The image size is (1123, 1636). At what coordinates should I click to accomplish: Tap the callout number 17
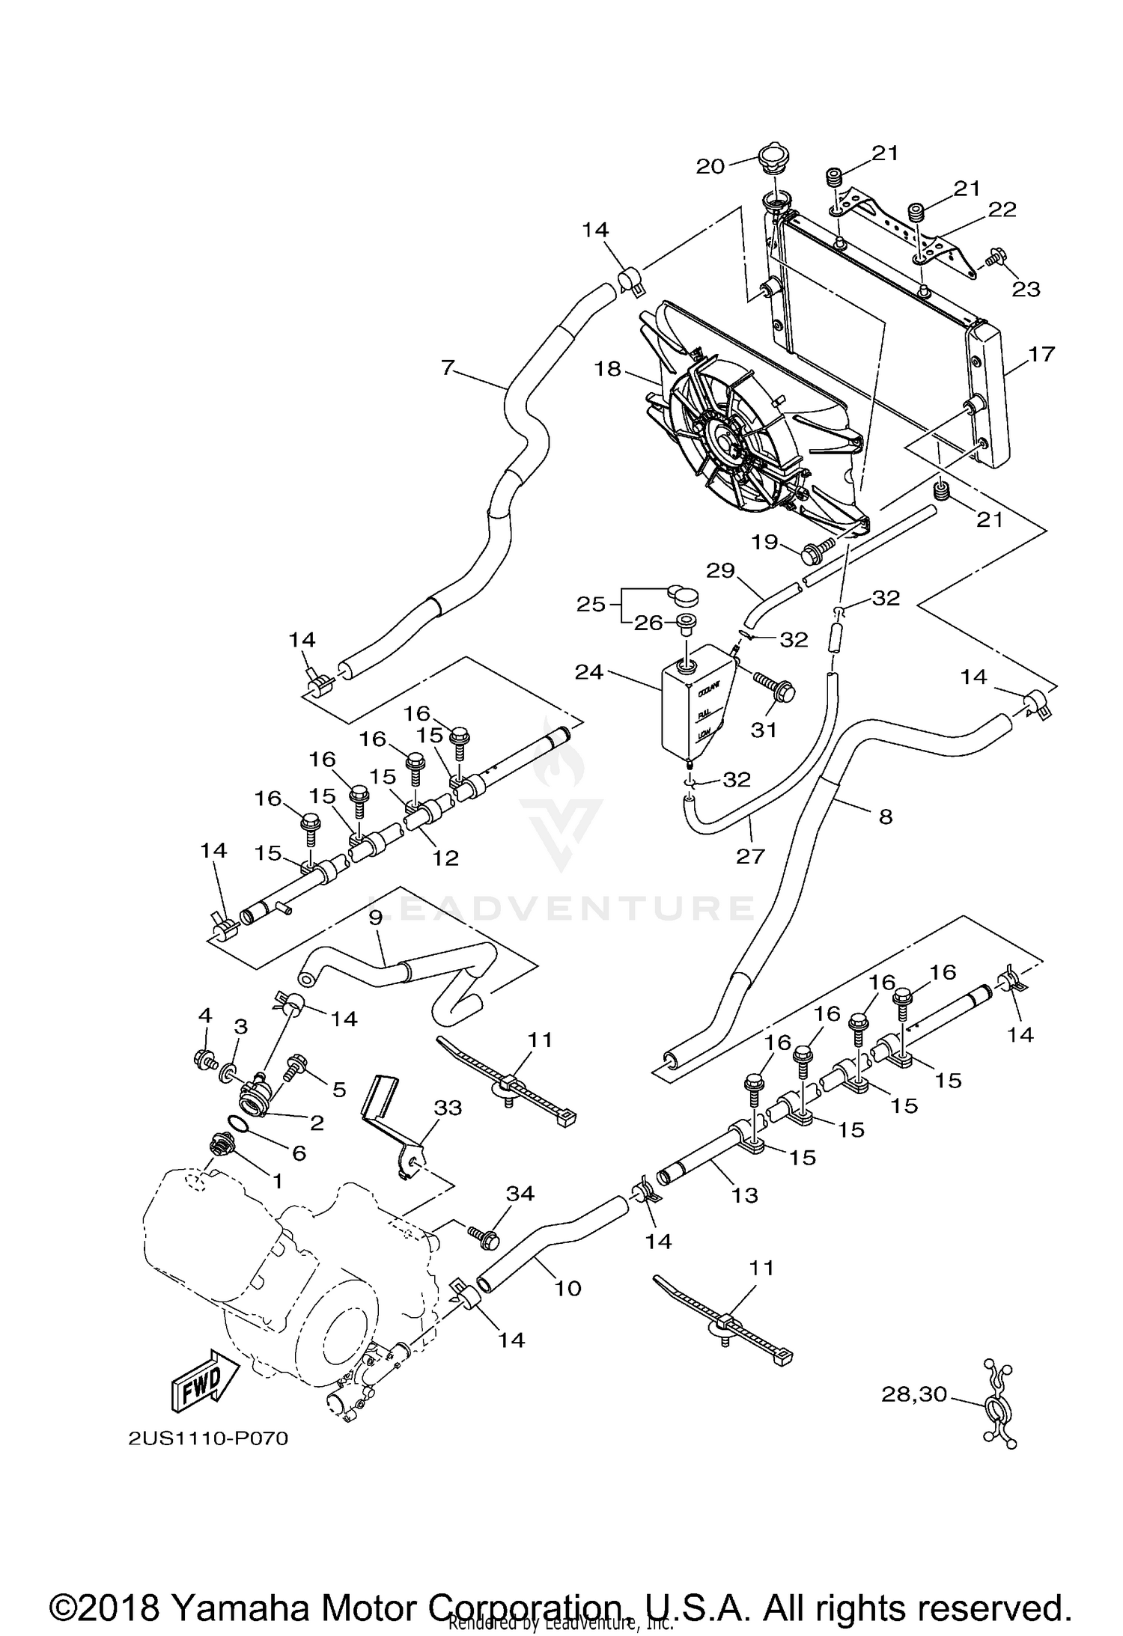click(x=1041, y=353)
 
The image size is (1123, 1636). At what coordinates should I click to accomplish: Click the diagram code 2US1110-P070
click(x=209, y=1438)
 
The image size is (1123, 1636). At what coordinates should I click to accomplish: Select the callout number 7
click(x=448, y=368)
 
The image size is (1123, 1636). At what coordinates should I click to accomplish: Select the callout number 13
click(x=745, y=1195)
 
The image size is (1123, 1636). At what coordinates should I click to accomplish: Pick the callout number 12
click(x=445, y=858)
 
